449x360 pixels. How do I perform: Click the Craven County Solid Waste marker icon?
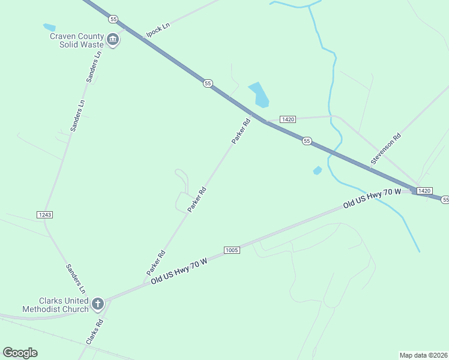coord(113,40)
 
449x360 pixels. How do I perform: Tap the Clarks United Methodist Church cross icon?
coord(98,305)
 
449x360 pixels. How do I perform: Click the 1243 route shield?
coord(44,214)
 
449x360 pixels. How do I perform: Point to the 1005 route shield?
coord(232,249)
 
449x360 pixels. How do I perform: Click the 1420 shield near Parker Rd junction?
coord(288,119)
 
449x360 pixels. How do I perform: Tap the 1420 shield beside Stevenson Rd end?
coord(424,190)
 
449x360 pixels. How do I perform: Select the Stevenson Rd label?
coord(385,149)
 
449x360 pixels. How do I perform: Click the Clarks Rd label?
coord(95,330)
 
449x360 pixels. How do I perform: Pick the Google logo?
coord(20,353)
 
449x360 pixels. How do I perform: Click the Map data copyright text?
coord(424,355)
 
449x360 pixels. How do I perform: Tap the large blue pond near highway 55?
coord(259,94)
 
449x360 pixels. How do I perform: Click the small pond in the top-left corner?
coord(49,27)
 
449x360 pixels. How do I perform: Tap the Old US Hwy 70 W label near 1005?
coord(179,271)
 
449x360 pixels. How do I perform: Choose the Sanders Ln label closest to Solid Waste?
coord(95,66)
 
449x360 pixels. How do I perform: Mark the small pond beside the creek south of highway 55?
coord(318,171)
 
